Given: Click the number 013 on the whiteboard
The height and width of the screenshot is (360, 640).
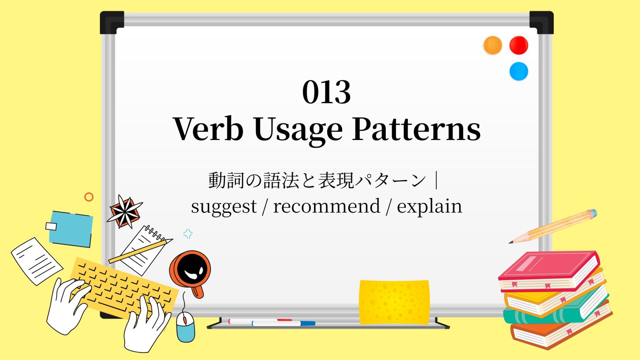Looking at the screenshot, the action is tap(326, 92).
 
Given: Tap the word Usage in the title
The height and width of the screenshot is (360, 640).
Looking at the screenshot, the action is tap(298, 131).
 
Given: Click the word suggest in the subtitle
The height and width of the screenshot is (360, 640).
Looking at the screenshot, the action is tap(224, 207).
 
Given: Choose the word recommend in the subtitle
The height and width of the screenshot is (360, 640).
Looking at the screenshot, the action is tap(327, 206).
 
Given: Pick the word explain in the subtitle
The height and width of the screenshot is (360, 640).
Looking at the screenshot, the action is tap(429, 207).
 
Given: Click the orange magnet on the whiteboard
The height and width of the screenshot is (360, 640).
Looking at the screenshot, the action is tap(492, 45).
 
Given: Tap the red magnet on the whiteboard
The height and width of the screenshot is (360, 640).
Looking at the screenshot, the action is tap(519, 45).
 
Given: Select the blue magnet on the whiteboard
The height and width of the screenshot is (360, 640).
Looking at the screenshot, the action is tap(519, 71).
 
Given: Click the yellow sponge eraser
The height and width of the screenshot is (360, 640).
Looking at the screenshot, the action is tap(394, 302).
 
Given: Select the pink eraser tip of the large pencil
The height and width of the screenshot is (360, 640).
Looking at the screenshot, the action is tap(592, 213).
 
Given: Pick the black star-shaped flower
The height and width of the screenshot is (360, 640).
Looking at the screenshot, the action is tap(125, 211).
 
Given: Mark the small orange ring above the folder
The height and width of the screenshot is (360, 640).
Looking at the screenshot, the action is tap(89, 197).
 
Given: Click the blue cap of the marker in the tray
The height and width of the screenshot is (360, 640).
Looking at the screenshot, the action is tap(308, 323).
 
